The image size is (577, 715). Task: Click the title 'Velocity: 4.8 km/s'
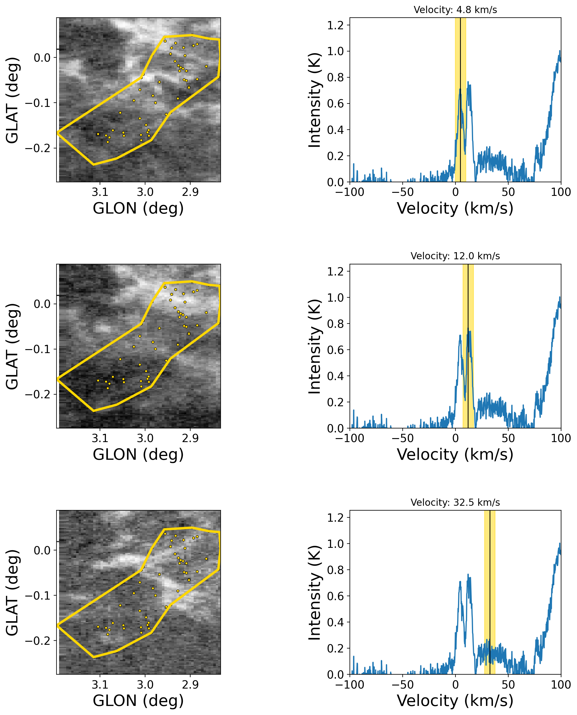click(455, 10)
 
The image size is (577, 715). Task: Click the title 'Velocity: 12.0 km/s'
click(455, 256)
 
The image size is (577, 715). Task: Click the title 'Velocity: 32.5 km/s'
click(455, 502)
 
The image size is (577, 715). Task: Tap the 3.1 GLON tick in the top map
click(100, 192)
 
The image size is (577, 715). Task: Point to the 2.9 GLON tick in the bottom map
click(191, 684)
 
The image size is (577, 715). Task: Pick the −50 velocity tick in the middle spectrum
click(402, 438)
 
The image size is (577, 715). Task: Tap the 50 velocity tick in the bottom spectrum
click(508, 684)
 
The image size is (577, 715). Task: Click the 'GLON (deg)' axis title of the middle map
click(138, 455)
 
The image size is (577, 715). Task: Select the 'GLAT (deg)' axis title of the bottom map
click(12, 592)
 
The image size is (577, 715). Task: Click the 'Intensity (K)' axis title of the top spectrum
click(314, 100)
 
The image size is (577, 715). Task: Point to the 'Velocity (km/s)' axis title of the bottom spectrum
click(455, 701)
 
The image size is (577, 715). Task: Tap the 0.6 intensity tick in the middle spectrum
click(335, 350)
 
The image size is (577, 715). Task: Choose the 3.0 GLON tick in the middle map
click(145, 438)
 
